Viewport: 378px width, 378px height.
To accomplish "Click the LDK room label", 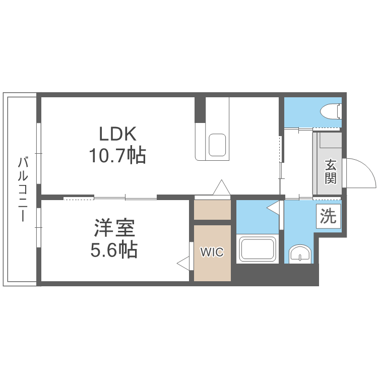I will point(117,134).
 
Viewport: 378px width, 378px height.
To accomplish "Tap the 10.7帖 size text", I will point(117,155).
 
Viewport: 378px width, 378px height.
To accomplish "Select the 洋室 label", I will point(114,228).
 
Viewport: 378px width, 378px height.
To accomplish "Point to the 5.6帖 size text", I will point(114,250).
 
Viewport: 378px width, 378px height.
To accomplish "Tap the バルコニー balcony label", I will point(22,189).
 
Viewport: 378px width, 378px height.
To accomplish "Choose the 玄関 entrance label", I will point(330,172).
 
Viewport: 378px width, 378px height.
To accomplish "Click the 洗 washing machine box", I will point(328,216).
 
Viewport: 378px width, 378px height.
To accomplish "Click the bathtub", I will point(258,248).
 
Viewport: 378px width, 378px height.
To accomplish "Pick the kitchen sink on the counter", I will point(218,145).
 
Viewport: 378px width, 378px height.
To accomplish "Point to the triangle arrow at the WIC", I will point(182,262).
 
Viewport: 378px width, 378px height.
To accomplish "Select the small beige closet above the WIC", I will point(212,210).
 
